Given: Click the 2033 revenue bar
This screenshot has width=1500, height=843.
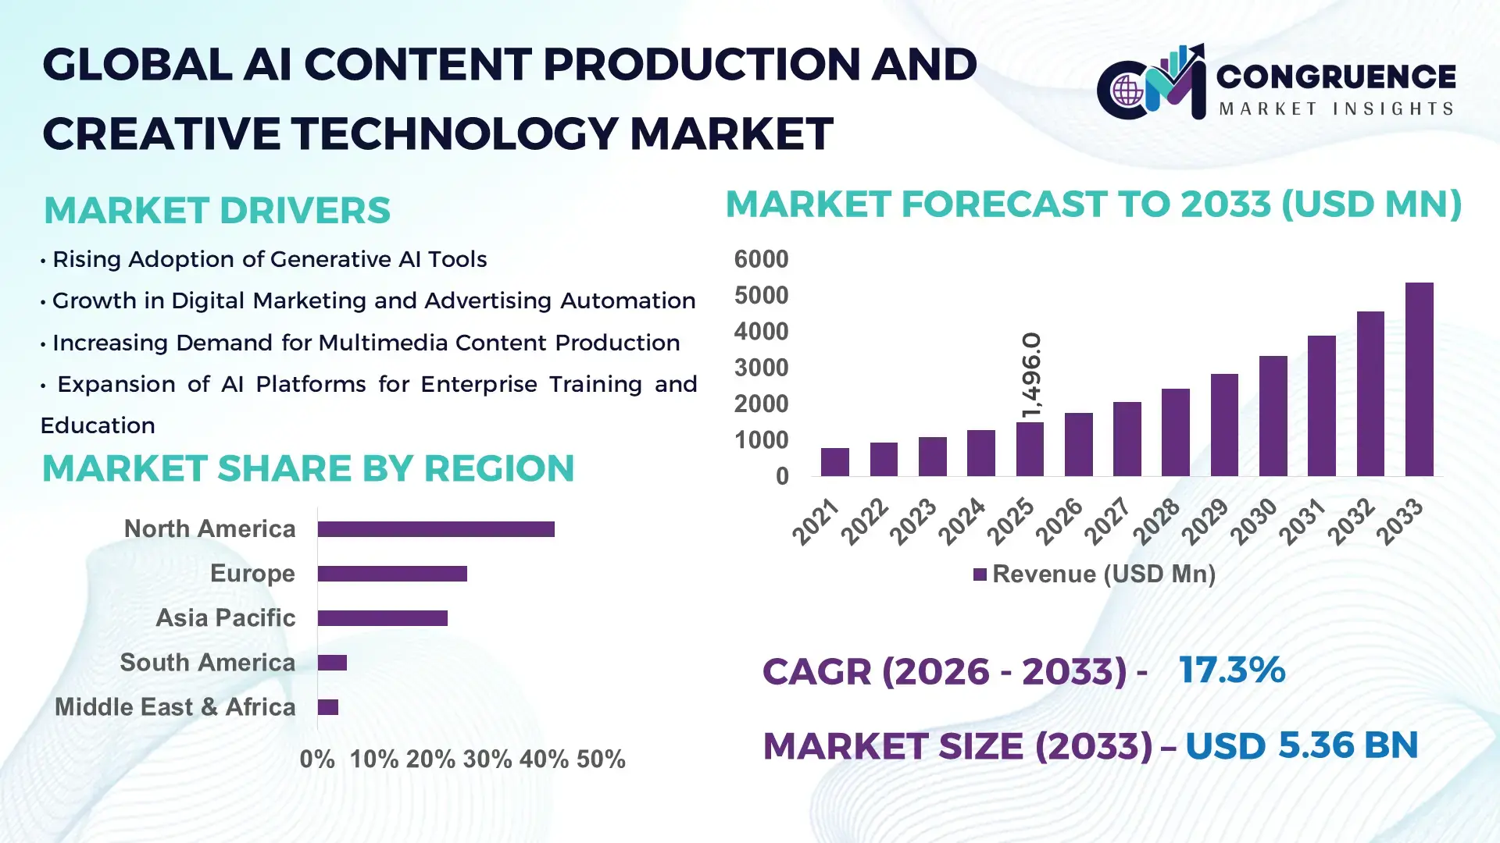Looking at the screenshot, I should click(x=1419, y=379).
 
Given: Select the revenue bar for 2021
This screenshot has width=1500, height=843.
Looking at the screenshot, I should click(x=834, y=462).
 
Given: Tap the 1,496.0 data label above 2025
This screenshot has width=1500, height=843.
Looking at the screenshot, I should click(x=1031, y=375).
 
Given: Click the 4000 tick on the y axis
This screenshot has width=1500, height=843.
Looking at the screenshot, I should click(x=761, y=332).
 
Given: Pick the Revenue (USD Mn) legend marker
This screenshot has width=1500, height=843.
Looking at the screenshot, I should click(x=980, y=574).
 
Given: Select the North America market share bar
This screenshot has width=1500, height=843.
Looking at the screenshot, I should click(x=436, y=529).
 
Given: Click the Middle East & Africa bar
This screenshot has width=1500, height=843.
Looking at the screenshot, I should click(x=328, y=707).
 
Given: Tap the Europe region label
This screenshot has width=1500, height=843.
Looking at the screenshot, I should click(x=252, y=574).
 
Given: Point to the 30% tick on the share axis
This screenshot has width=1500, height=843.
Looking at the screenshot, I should click(x=487, y=759).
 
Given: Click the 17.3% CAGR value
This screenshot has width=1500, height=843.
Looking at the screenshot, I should click(x=1231, y=670).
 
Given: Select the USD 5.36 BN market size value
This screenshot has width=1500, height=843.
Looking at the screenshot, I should click(x=1302, y=745).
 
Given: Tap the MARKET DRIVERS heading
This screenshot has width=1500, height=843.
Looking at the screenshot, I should click(x=217, y=210).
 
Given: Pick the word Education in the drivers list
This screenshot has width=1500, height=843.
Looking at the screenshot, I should click(x=98, y=425).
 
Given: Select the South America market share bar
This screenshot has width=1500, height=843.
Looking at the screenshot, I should click(x=332, y=663).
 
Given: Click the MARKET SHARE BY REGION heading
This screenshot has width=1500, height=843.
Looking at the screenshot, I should click(x=308, y=468).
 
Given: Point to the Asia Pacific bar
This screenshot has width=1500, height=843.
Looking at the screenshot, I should click(x=382, y=618).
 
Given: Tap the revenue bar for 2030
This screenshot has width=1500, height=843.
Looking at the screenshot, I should click(x=1273, y=416).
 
